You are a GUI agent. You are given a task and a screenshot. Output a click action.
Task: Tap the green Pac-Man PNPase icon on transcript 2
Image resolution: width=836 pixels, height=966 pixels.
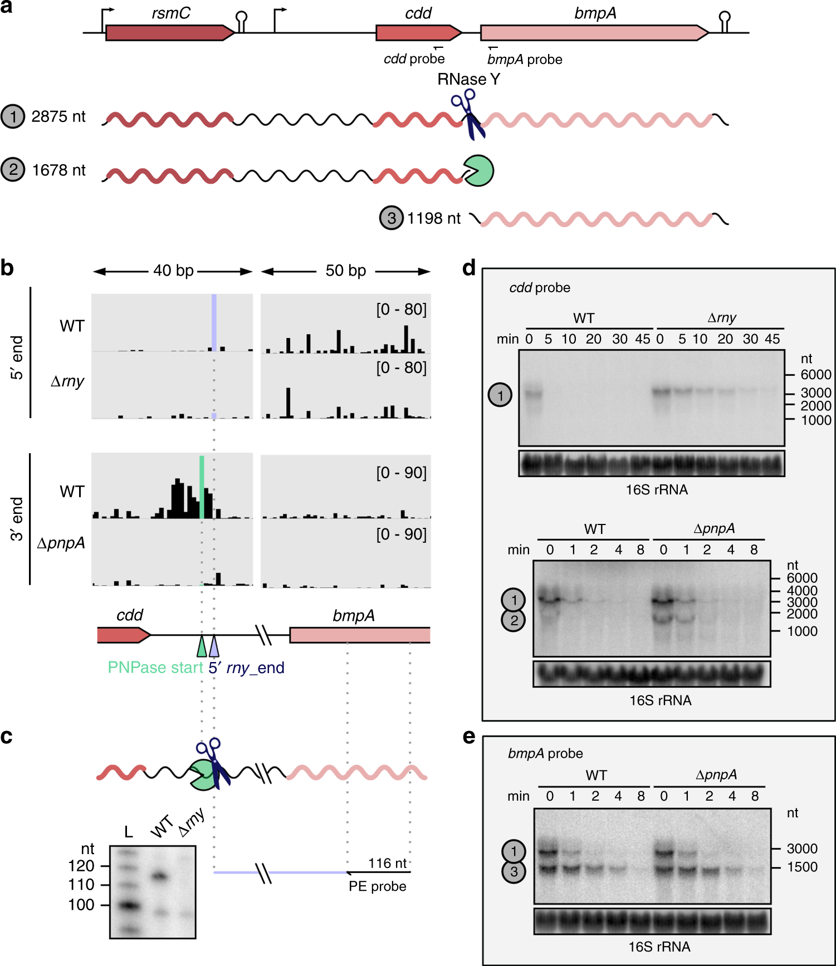[478, 171]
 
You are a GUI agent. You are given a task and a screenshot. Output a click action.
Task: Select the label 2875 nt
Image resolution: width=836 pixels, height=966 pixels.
[58, 116]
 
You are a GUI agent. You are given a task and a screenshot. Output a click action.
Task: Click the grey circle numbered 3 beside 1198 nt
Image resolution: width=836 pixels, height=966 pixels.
[392, 218]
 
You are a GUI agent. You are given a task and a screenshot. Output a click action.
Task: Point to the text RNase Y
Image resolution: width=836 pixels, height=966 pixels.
[468, 79]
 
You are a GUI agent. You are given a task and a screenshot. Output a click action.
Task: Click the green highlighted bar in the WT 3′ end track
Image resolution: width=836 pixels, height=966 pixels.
[202, 487]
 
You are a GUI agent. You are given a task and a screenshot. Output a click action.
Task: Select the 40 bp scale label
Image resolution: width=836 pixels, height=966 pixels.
[173, 271]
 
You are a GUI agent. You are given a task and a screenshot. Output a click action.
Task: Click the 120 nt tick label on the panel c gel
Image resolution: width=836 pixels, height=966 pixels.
[81, 866]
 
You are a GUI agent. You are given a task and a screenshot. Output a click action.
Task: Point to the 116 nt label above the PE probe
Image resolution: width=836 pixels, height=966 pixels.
[388, 863]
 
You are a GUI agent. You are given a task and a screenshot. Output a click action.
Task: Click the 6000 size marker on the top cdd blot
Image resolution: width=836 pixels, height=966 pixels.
[816, 375]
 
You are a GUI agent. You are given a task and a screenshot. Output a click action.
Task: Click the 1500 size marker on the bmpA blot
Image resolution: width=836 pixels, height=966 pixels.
[802, 867]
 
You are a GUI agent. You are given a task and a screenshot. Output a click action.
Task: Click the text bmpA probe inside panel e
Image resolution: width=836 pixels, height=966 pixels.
[545, 753]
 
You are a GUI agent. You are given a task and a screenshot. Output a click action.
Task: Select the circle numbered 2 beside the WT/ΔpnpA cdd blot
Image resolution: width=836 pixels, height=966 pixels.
[514, 620]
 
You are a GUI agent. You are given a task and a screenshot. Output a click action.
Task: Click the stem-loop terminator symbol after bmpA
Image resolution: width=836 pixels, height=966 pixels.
[724, 21]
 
